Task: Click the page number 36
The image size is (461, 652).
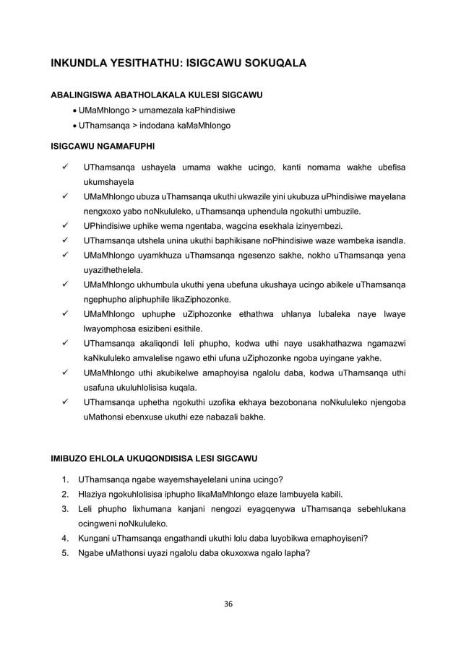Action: (230, 603)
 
